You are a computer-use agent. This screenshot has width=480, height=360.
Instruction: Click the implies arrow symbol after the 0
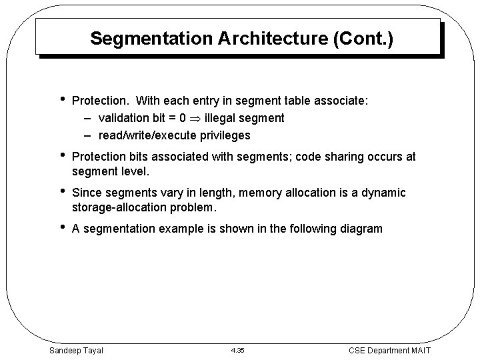tap(196, 118)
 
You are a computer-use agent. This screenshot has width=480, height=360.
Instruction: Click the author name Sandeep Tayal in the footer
tap(77, 349)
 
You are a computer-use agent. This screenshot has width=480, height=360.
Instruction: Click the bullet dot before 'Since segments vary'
tap(61, 192)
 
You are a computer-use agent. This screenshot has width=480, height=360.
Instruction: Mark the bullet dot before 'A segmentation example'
tap(61, 228)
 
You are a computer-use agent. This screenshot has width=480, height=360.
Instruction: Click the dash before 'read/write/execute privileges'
tap(88, 135)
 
